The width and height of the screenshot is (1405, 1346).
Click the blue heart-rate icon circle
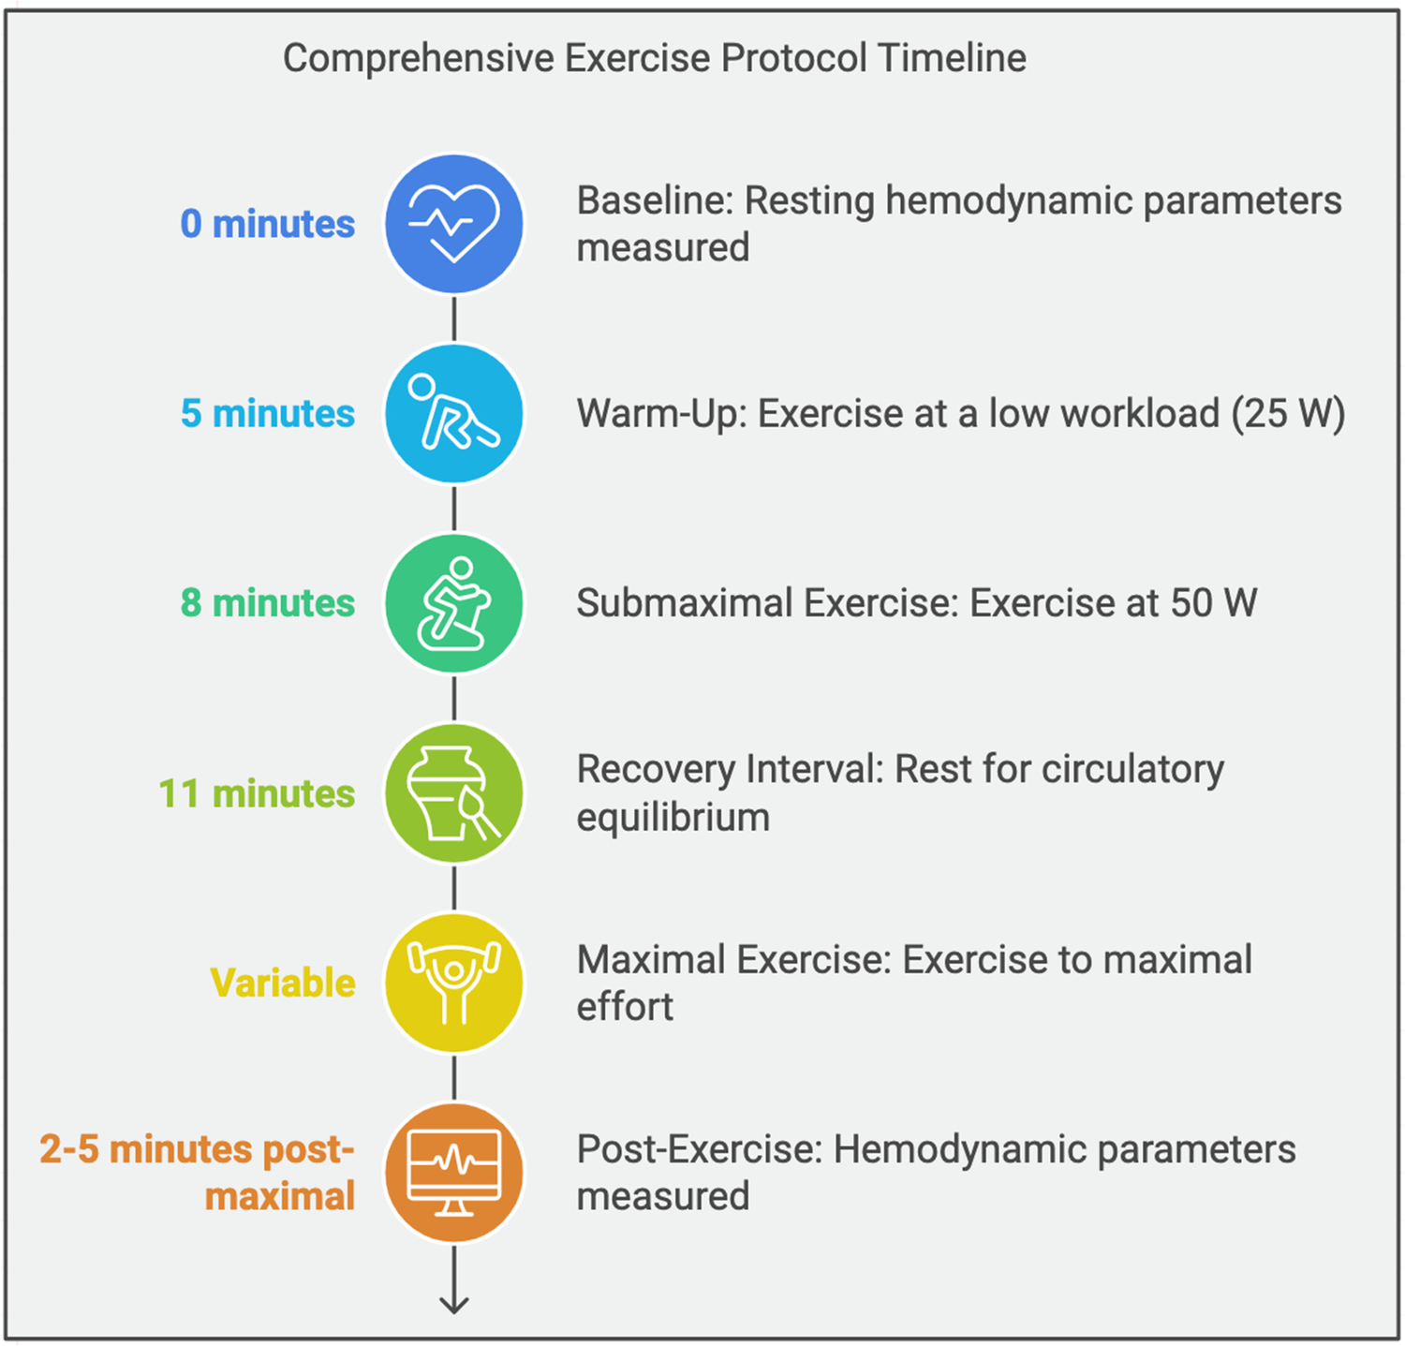click(x=454, y=224)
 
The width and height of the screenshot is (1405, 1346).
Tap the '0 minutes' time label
click(x=268, y=224)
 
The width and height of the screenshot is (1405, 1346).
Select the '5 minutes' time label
click(x=268, y=413)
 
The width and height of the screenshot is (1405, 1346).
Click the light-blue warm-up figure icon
click(x=454, y=413)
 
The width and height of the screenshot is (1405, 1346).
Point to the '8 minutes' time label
click(x=268, y=603)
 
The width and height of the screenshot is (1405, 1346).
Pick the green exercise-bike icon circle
click(x=454, y=603)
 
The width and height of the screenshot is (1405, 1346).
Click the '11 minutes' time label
click(x=257, y=793)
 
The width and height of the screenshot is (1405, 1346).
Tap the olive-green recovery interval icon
click(x=454, y=793)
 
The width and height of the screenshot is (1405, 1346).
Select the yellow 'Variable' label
click(x=283, y=983)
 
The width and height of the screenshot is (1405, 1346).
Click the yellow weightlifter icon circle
click(x=454, y=983)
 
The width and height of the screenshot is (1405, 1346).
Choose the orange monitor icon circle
click(x=454, y=1173)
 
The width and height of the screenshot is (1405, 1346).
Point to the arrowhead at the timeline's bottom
click(x=454, y=1303)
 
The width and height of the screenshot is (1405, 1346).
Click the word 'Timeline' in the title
click(x=952, y=58)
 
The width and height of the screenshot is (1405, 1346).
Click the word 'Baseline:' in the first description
click(x=655, y=200)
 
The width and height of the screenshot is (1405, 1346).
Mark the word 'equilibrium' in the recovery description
click(x=673, y=818)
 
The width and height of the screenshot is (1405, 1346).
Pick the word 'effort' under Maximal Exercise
click(x=625, y=1008)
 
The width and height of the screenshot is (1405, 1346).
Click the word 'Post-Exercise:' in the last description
click(x=699, y=1149)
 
